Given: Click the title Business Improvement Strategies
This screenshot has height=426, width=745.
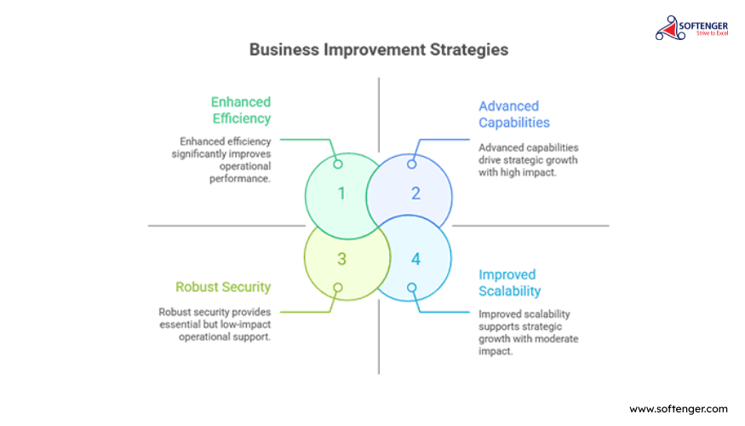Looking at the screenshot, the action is point(379,50).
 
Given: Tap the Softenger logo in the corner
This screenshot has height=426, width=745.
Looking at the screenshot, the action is point(691,28).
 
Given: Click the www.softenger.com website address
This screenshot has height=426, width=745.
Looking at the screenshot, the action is point(678,409).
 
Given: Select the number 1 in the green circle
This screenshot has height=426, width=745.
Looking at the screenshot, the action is point(341,193).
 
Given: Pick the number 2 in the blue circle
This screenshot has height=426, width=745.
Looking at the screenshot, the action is point(415,193).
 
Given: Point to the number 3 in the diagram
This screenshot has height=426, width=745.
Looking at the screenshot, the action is point(341,259).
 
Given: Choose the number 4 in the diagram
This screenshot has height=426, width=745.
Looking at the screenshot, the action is point(415,259).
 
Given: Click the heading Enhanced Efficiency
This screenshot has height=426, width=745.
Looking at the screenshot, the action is point(241,110).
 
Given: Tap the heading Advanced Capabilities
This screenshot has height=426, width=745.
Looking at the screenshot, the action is point(514,114).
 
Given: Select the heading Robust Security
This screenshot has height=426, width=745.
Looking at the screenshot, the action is point(223,286).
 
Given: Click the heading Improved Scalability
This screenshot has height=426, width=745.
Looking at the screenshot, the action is point(509,283).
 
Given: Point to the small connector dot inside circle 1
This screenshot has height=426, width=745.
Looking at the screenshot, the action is point(338,164).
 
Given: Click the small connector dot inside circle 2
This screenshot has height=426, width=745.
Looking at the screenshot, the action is point(411,164).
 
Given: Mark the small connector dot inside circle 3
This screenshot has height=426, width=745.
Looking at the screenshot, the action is point(338,287).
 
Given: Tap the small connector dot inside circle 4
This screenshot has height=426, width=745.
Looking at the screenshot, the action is point(411,287).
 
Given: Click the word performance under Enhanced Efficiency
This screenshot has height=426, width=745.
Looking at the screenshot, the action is point(239,179).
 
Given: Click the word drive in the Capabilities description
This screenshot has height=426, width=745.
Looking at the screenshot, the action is point(490,160).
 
